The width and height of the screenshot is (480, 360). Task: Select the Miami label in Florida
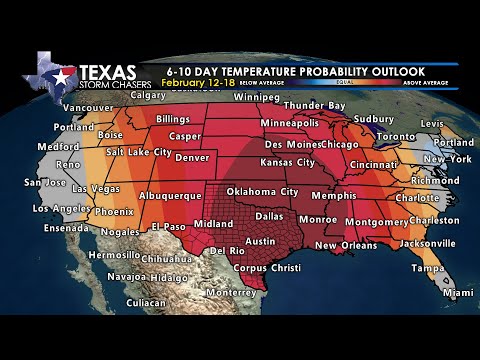click(457, 293)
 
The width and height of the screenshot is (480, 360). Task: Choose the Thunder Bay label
click(314, 105)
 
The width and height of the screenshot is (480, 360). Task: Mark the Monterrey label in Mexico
click(232, 292)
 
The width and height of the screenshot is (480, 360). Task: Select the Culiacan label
click(146, 301)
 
